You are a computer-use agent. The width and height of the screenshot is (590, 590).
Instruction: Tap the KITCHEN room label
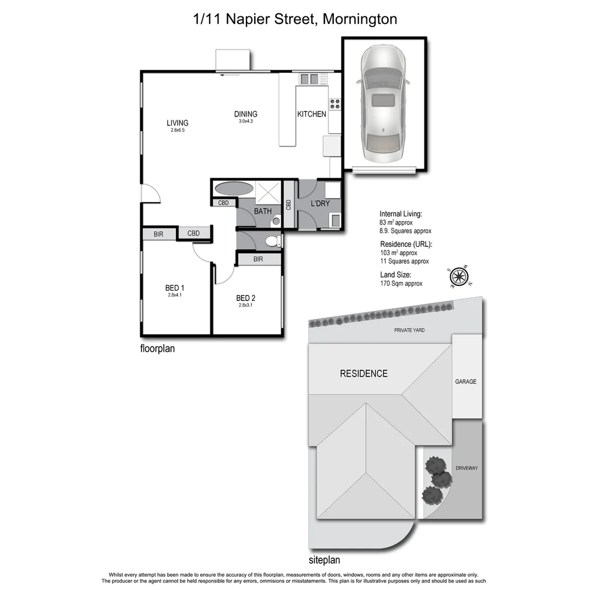point(311,114)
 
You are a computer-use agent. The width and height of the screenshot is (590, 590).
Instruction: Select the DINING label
point(246,114)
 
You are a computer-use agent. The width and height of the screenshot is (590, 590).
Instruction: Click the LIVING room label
point(178,123)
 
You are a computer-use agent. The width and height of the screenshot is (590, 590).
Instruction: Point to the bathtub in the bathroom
point(234,189)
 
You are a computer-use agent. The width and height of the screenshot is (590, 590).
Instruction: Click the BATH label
point(263,211)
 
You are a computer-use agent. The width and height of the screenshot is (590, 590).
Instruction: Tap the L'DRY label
point(320,204)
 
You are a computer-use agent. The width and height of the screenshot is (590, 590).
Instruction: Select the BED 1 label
point(175,288)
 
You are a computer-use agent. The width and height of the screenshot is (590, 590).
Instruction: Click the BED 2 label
point(246,298)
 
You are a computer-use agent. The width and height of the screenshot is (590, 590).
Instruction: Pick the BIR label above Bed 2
point(258,259)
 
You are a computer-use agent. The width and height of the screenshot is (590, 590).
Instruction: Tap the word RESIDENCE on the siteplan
point(364,374)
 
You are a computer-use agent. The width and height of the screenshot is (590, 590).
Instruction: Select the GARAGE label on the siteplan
point(466,382)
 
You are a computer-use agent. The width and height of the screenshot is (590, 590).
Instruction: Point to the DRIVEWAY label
point(467,468)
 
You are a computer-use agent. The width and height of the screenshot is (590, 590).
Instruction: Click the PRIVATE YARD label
point(410,331)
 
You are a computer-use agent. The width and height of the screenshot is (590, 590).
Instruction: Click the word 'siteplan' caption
point(324,559)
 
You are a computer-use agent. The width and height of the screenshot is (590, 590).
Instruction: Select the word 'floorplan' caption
point(157,348)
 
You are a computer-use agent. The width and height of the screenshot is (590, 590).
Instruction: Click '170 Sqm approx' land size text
point(402,284)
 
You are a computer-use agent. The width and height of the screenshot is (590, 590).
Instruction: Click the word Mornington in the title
point(360,19)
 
